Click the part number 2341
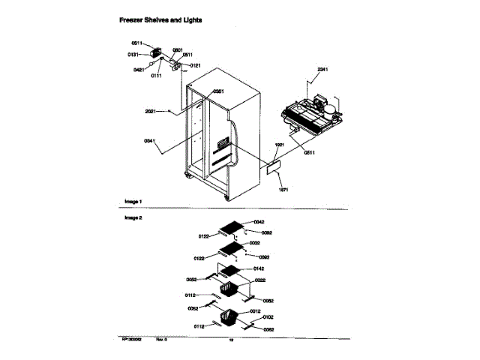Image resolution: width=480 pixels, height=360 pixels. (x=322, y=70)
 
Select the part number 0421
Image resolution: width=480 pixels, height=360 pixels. (x=139, y=70)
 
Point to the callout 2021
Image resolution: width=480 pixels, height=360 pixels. (x=151, y=111)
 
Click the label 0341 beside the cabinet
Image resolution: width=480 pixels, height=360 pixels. (x=151, y=140)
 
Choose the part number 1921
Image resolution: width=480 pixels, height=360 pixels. (x=279, y=144)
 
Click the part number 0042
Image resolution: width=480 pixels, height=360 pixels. (x=259, y=222)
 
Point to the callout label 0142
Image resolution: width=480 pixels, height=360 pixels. (x=259, y=268)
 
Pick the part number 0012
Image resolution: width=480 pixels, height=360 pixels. (x=255, y=310)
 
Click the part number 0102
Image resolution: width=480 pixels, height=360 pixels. (x=268, y=317)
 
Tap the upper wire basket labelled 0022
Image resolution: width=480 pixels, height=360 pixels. (x=228, y=288)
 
